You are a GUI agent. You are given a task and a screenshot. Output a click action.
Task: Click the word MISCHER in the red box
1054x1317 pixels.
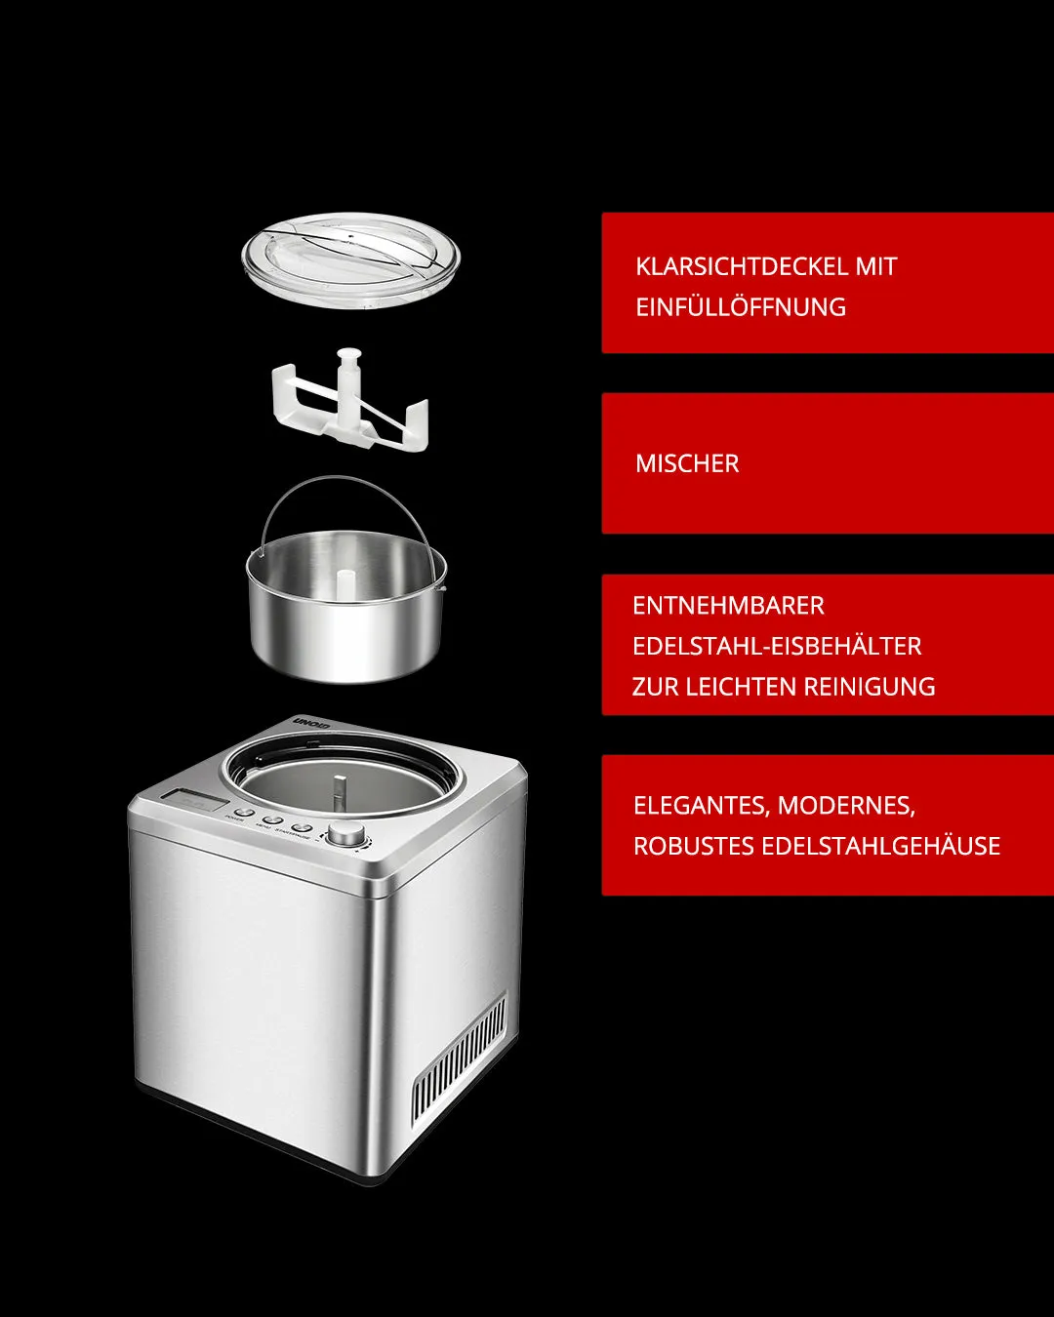pos(687,463)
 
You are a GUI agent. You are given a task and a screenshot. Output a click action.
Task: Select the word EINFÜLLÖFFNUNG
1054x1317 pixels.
pos(740,307)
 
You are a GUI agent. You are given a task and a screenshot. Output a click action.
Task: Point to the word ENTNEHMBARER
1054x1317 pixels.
pos(728,606)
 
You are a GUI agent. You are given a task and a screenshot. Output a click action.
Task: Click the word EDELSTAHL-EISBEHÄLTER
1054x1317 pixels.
pos(777,646)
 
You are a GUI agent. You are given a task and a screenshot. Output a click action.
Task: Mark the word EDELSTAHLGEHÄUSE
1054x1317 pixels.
pos(880,846)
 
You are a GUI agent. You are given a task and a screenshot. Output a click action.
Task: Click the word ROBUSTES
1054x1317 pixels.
pos(692,846)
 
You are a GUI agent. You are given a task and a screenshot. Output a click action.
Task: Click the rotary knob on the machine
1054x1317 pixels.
pos(345,833)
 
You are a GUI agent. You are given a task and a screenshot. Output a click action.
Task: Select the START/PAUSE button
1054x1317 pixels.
pos(303,826)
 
